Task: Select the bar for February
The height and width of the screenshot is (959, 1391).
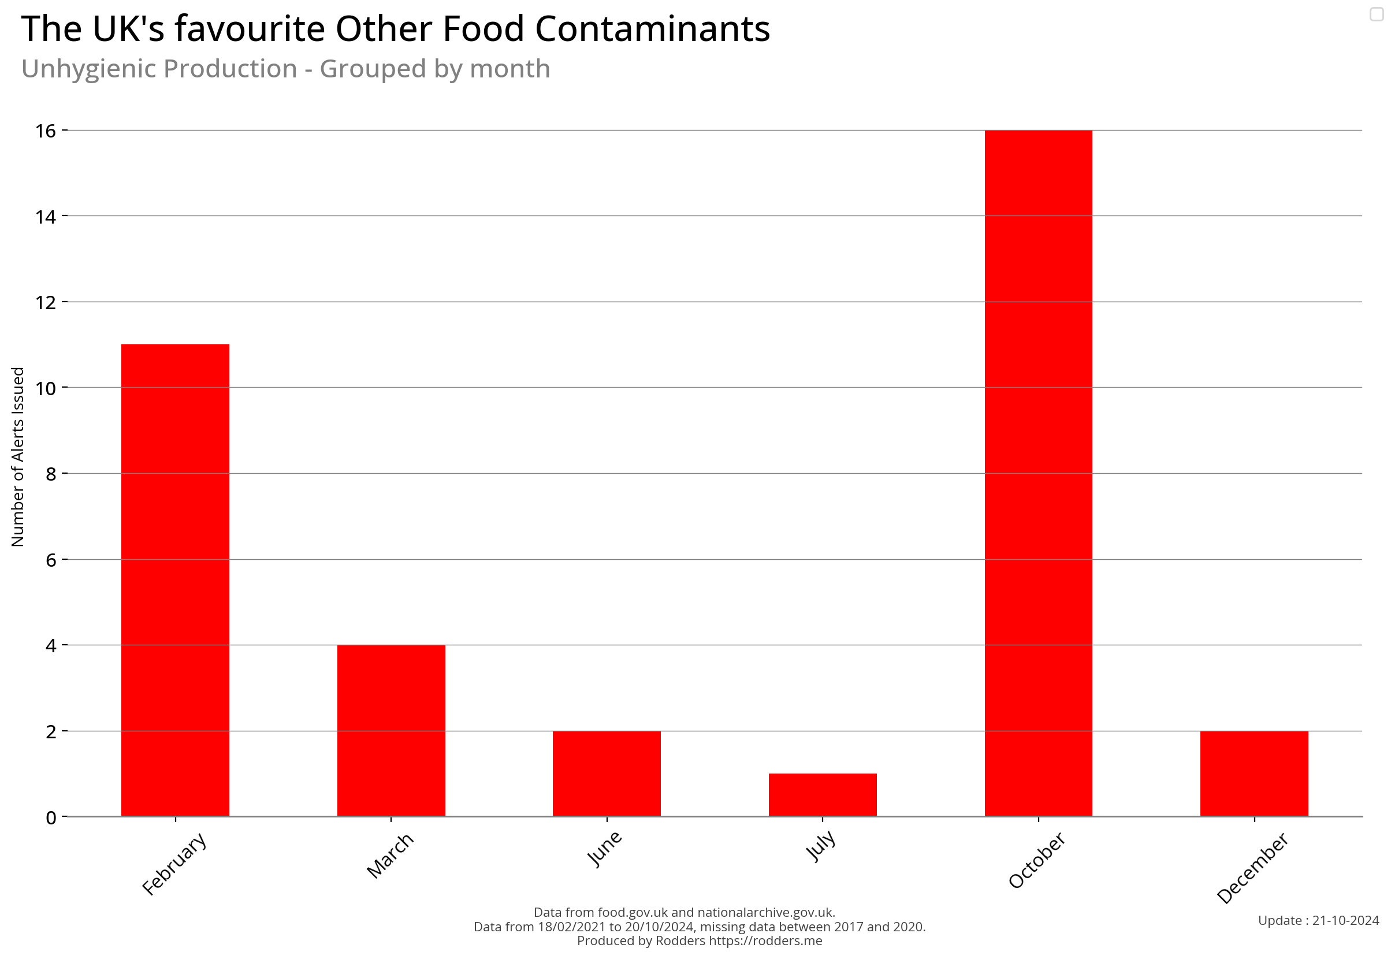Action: [x=175, y=580]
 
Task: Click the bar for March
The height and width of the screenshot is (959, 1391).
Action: [x=390, y=730]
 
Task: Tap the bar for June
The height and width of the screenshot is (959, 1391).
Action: [x=607, y=774]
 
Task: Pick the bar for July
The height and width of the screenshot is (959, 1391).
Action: [x=822, y=794]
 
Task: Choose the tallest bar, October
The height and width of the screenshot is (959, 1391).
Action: [x=1037, y=473]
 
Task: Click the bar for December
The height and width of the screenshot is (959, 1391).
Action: [x=1254, y=774]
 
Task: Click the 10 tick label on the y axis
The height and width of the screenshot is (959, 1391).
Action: [x=46, y=388]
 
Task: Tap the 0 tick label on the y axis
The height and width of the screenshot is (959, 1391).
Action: [x=51, y=817]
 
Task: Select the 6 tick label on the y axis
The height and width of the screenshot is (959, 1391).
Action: [x=51, y=560]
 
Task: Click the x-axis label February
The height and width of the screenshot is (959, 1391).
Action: [x=174, y=864]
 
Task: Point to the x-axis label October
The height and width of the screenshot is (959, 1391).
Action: [x=1036, y=860]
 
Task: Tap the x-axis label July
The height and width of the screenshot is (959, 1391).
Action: [x=820, y=845]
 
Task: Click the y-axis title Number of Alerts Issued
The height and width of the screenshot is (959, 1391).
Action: [x=18, y=456]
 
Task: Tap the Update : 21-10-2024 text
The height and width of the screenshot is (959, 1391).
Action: [x=1318, y=920]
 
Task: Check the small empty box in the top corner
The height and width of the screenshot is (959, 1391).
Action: [x=1377, y=14]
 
